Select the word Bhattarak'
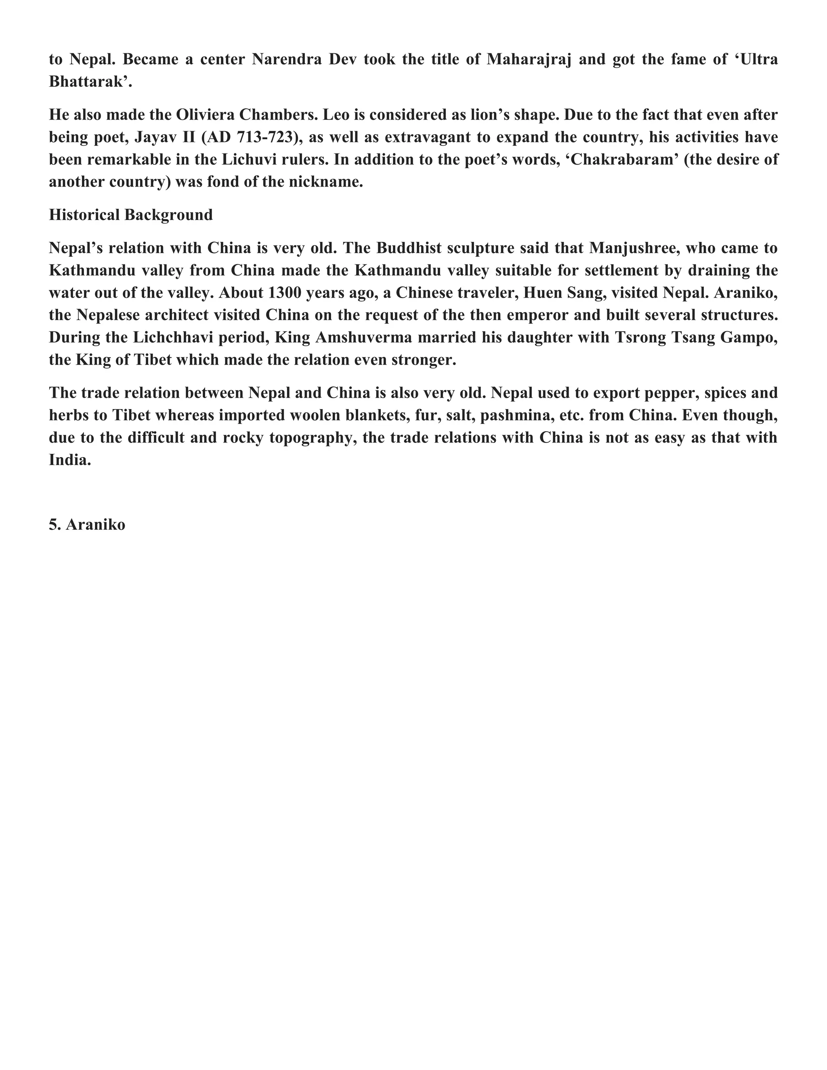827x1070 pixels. [90, 82]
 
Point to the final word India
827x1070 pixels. [69, 460]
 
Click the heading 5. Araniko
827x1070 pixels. [87, 525]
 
